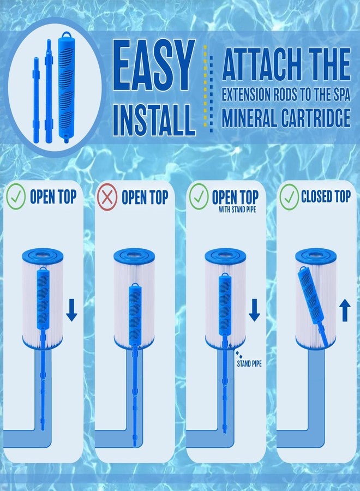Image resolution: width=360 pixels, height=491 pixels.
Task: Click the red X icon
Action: tap(107, 198)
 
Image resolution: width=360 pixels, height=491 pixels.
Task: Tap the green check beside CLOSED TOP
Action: tap(289, 198)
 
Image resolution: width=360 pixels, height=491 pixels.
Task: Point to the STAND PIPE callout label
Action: tap(249, 363)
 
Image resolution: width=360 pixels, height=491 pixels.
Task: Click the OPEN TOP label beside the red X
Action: tap(145, 197)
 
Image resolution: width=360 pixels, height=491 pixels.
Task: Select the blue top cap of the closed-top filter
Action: tap(315, 255)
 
